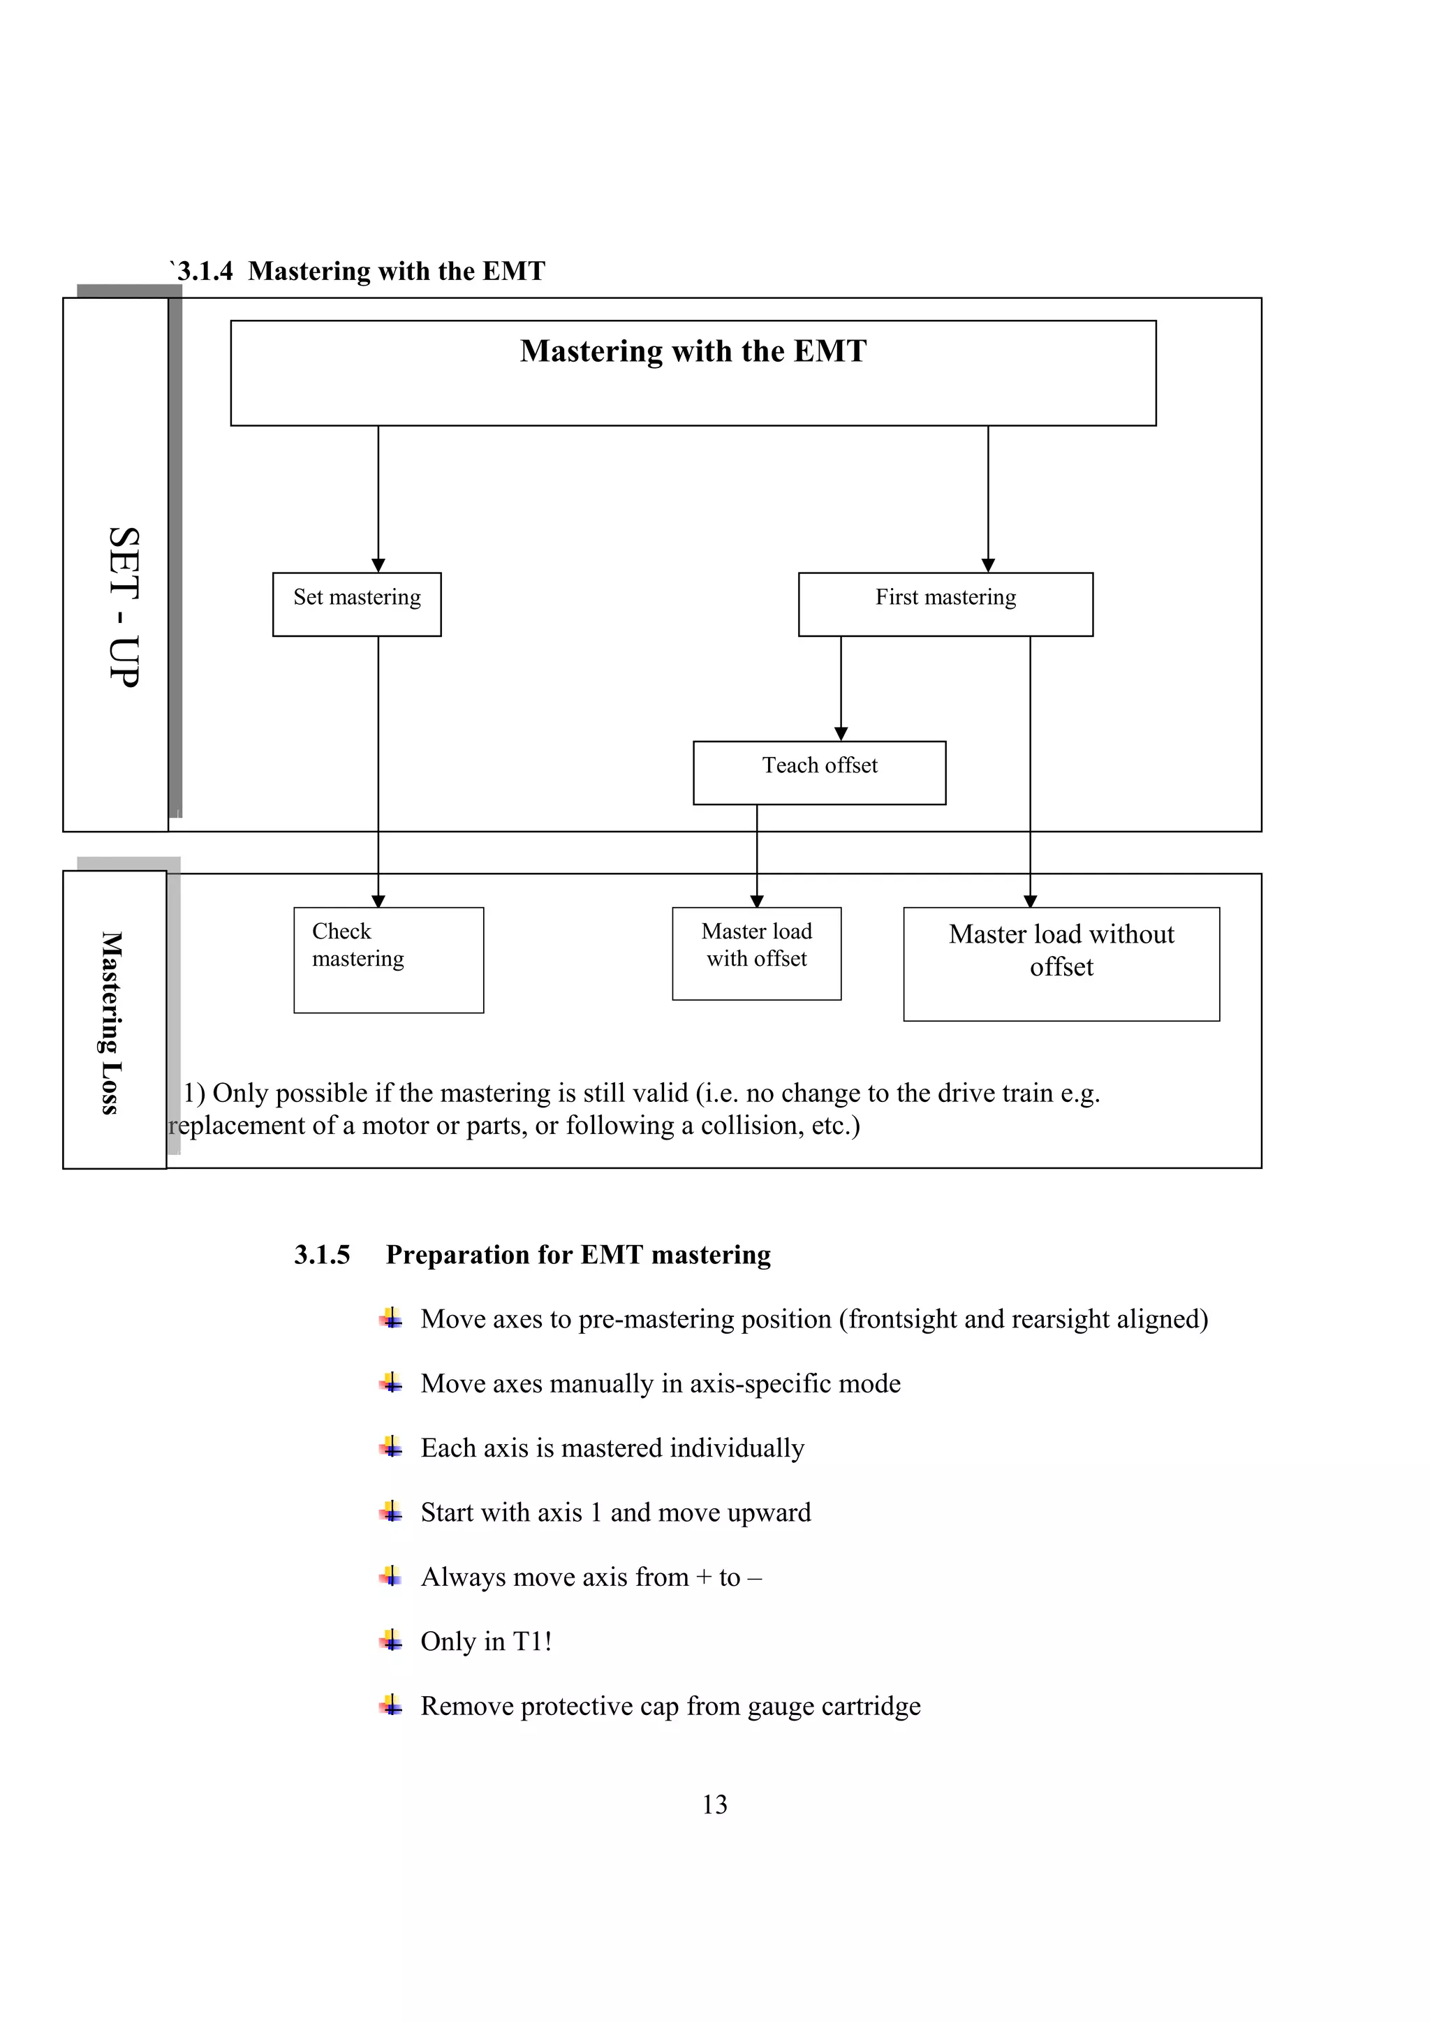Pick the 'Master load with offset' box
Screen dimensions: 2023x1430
click(756, 952)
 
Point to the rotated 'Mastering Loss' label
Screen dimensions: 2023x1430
click(110, 1022)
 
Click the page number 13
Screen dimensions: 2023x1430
click(714, 1804)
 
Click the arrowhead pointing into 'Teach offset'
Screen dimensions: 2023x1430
click(841, 733)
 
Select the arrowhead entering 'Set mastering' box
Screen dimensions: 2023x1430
click(378, 565)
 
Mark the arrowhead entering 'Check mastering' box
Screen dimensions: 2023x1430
click(378, 901)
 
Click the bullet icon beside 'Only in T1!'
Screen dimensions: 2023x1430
click(391, 1640)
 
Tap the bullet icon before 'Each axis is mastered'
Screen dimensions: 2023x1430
click(391, 1447)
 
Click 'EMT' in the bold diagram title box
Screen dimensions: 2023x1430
click(830, 351)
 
